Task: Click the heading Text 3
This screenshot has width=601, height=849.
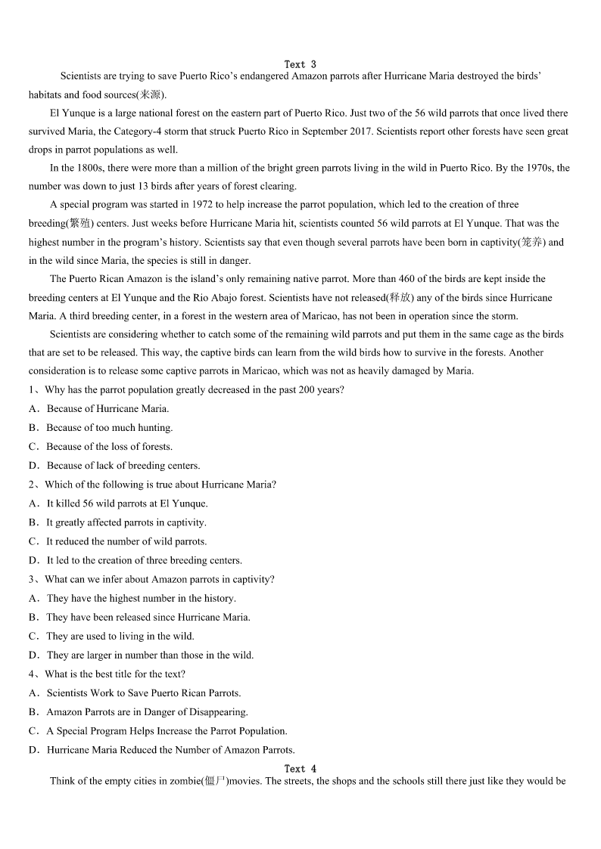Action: pos(300,64)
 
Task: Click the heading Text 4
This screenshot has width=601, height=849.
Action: pos(300,769)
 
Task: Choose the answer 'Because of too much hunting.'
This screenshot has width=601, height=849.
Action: pos(109,428)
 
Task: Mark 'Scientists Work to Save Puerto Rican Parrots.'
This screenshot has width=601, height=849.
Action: pos(143,693)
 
